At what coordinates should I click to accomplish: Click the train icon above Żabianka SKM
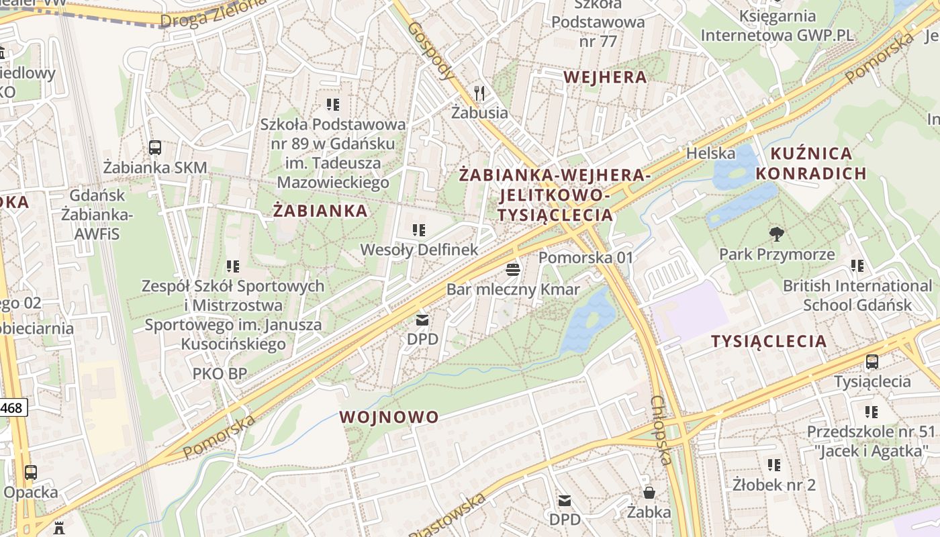[155, 147]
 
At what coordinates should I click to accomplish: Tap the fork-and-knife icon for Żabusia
[479, 93]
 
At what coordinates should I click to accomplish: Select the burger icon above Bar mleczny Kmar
[513, 270]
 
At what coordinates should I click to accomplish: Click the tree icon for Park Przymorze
[777, 234]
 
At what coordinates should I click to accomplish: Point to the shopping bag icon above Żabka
[649, 492]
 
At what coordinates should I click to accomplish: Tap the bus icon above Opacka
[31, 472]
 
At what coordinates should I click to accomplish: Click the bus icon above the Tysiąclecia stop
[872, 362]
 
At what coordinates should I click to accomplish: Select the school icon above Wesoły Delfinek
[419, 230]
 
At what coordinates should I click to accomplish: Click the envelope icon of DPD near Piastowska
[565, 500]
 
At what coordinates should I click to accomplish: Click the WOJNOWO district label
[389, 417]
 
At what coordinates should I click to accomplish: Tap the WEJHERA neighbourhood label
[605, 77]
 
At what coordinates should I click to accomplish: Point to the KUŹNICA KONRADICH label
[811, 164]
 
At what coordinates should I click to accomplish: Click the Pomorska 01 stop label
[586, 258]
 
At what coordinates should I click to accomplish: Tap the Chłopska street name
[661, 430]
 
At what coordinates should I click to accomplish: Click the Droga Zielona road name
[214, 13]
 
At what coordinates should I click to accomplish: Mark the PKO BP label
[220, 374]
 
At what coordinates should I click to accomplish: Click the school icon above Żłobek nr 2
[774, 465]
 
